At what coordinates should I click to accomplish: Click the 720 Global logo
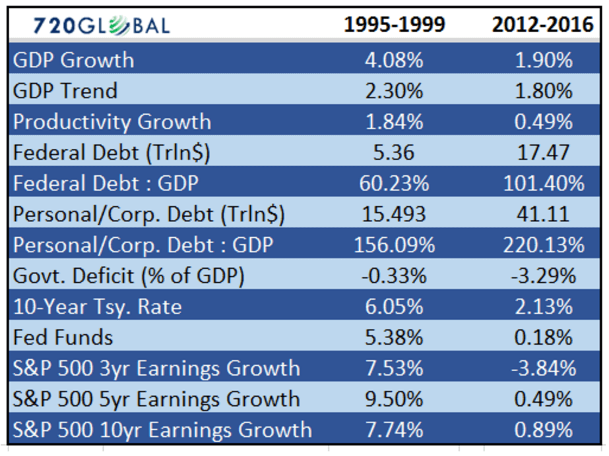pyautogui.click(x=102, y=26)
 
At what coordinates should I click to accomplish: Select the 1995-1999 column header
pyautogui.click(x=394, y=24)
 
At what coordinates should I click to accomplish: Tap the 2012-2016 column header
pyautogui.click(x=542, y=24)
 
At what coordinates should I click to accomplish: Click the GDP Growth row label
pyautogui.click(x=73, y=61)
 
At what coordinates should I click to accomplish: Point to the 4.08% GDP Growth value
pyautogui.click(x=394, y=61)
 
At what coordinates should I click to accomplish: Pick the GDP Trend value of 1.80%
pyautogui.click(x=544, y=91)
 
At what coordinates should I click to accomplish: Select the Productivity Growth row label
pyautogui.click(x=112, y=122)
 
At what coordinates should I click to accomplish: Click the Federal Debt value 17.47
pyautogui.click(x=544, y=152)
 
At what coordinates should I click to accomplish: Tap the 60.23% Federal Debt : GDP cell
pyautogui.click(x=394, y=183)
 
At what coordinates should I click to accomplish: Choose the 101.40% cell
pyautogui.click(x=544, y=183)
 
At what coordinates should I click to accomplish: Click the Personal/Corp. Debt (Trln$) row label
pyautogui.click(x=148, y=214)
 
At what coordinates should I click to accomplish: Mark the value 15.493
pyautogui.click(x=394, y=214)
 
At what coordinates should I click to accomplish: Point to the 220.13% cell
pyautogui.click(x=544, y=245)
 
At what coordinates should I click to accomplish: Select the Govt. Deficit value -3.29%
pyautogui.click(x=544, y=276)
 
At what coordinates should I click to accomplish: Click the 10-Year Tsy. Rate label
pyautogui.click(x=98, y=307)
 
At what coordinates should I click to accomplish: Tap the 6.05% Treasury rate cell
pyautogui.click(x=394, y=306)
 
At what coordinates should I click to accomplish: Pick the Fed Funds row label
pyautogui.click(x=63, y=337)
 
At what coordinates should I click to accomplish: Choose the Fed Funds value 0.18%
pyautogui.click(x=544, y=337)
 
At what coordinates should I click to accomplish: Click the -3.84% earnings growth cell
pyautogui.click(x=544, y=368)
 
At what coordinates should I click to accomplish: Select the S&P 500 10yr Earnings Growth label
pyautogui.click(x=162, y=430)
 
